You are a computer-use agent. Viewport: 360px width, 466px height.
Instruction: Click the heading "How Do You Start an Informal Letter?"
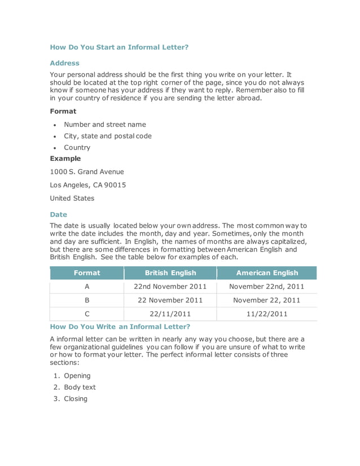point(119,47)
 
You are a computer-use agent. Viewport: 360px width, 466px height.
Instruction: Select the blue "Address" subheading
point(64,63)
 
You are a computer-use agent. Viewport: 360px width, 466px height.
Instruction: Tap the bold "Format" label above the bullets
point(63,111)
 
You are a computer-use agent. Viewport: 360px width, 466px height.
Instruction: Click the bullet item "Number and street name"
point(104,125)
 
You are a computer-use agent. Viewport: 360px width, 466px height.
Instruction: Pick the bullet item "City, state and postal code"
point(107,136)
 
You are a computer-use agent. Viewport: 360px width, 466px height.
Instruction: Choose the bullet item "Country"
point(77,147)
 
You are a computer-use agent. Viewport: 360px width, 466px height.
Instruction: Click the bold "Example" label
point(65,159)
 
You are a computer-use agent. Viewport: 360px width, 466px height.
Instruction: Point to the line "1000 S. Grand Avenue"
point(87,172)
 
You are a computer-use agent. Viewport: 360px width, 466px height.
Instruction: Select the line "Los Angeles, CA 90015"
point(87,185)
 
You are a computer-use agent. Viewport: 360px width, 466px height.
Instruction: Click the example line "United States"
point(72,198)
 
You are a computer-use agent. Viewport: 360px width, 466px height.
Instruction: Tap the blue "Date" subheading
point(58,214)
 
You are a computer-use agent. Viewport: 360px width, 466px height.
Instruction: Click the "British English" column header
point(170,273)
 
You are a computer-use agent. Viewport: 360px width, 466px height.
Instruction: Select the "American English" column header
point(267,273)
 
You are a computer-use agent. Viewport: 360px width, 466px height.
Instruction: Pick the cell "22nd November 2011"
point(170,287)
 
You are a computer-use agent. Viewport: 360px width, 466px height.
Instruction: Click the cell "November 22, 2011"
point(267,300)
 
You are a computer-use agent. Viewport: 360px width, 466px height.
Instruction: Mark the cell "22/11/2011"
point(170,314)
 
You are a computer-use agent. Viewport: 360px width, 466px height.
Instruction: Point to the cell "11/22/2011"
point(267,314)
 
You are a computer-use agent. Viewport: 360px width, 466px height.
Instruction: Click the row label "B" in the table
point(87,300)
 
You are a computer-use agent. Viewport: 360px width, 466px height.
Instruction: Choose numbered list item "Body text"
point(80,388)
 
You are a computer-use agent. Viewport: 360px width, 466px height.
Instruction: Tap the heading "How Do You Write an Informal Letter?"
point(120,326)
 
